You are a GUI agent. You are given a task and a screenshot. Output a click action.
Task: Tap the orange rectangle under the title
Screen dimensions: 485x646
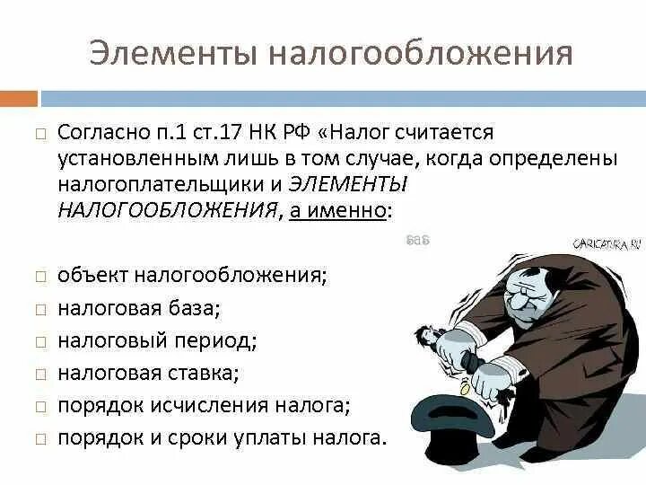[19, 98]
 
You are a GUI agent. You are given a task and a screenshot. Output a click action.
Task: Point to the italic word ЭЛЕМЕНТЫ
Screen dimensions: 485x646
[349, 184]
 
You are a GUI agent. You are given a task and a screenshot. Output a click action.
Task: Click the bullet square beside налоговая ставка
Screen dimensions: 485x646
[40, 372]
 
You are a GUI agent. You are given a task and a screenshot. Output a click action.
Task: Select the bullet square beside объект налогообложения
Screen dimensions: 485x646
[40, 275]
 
